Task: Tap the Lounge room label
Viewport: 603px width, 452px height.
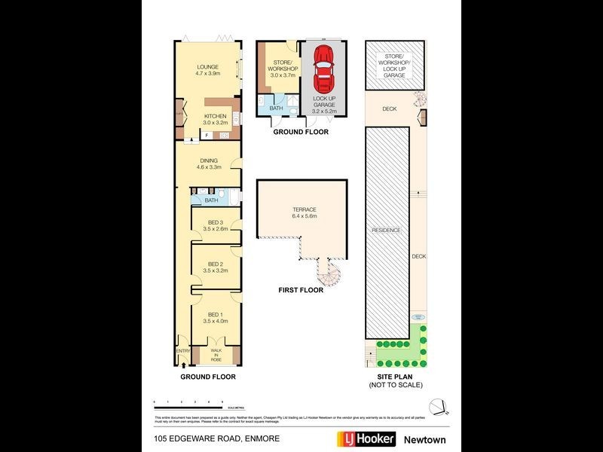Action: [x=208, y=70]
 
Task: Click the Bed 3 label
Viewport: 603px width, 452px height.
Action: [x=216, y=224]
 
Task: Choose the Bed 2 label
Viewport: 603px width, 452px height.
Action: [x=216, y=267]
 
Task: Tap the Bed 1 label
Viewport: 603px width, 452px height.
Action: [x=215, y=318]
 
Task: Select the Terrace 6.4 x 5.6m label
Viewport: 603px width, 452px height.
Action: [x=305, y=212]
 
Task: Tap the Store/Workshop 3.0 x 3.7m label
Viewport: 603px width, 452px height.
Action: [x=283, y=70]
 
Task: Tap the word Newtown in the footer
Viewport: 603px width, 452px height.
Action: [x=424, y=439]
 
